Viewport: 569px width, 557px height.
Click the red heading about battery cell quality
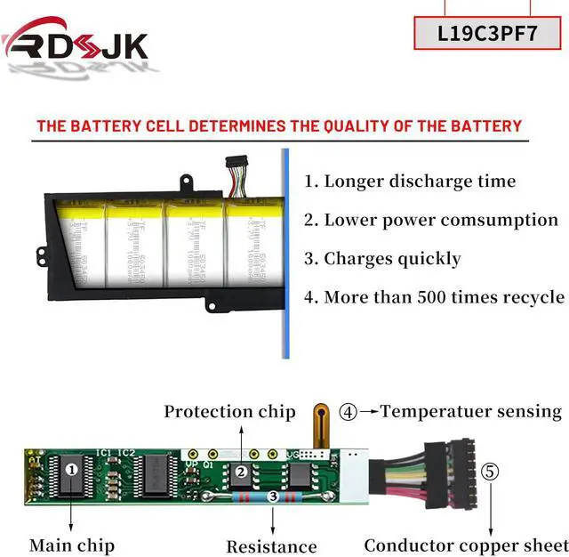point(279,125)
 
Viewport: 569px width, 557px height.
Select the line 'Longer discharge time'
point(410,182)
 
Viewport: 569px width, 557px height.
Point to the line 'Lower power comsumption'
point(431,220)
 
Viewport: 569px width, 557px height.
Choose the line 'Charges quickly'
point(382,259)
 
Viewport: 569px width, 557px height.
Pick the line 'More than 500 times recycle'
point(434,297)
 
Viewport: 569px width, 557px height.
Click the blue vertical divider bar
point(285,254)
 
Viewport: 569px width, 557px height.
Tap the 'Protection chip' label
point(229,411)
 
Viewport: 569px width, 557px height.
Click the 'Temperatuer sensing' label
point(471,411)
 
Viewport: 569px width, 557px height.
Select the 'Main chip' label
point(72,545)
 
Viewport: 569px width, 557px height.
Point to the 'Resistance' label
point(271,546)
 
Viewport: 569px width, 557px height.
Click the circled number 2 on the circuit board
point(240,472)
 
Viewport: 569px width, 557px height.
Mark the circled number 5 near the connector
point(491,471)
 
